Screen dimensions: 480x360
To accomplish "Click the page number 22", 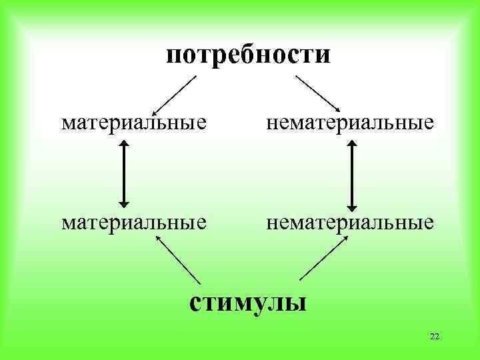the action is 435,336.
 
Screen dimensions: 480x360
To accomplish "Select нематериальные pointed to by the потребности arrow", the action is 351,123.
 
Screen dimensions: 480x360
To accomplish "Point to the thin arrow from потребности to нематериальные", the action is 318,93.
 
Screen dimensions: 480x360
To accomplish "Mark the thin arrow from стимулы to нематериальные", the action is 323,259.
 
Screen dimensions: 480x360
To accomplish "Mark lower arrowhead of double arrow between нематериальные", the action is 353,204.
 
